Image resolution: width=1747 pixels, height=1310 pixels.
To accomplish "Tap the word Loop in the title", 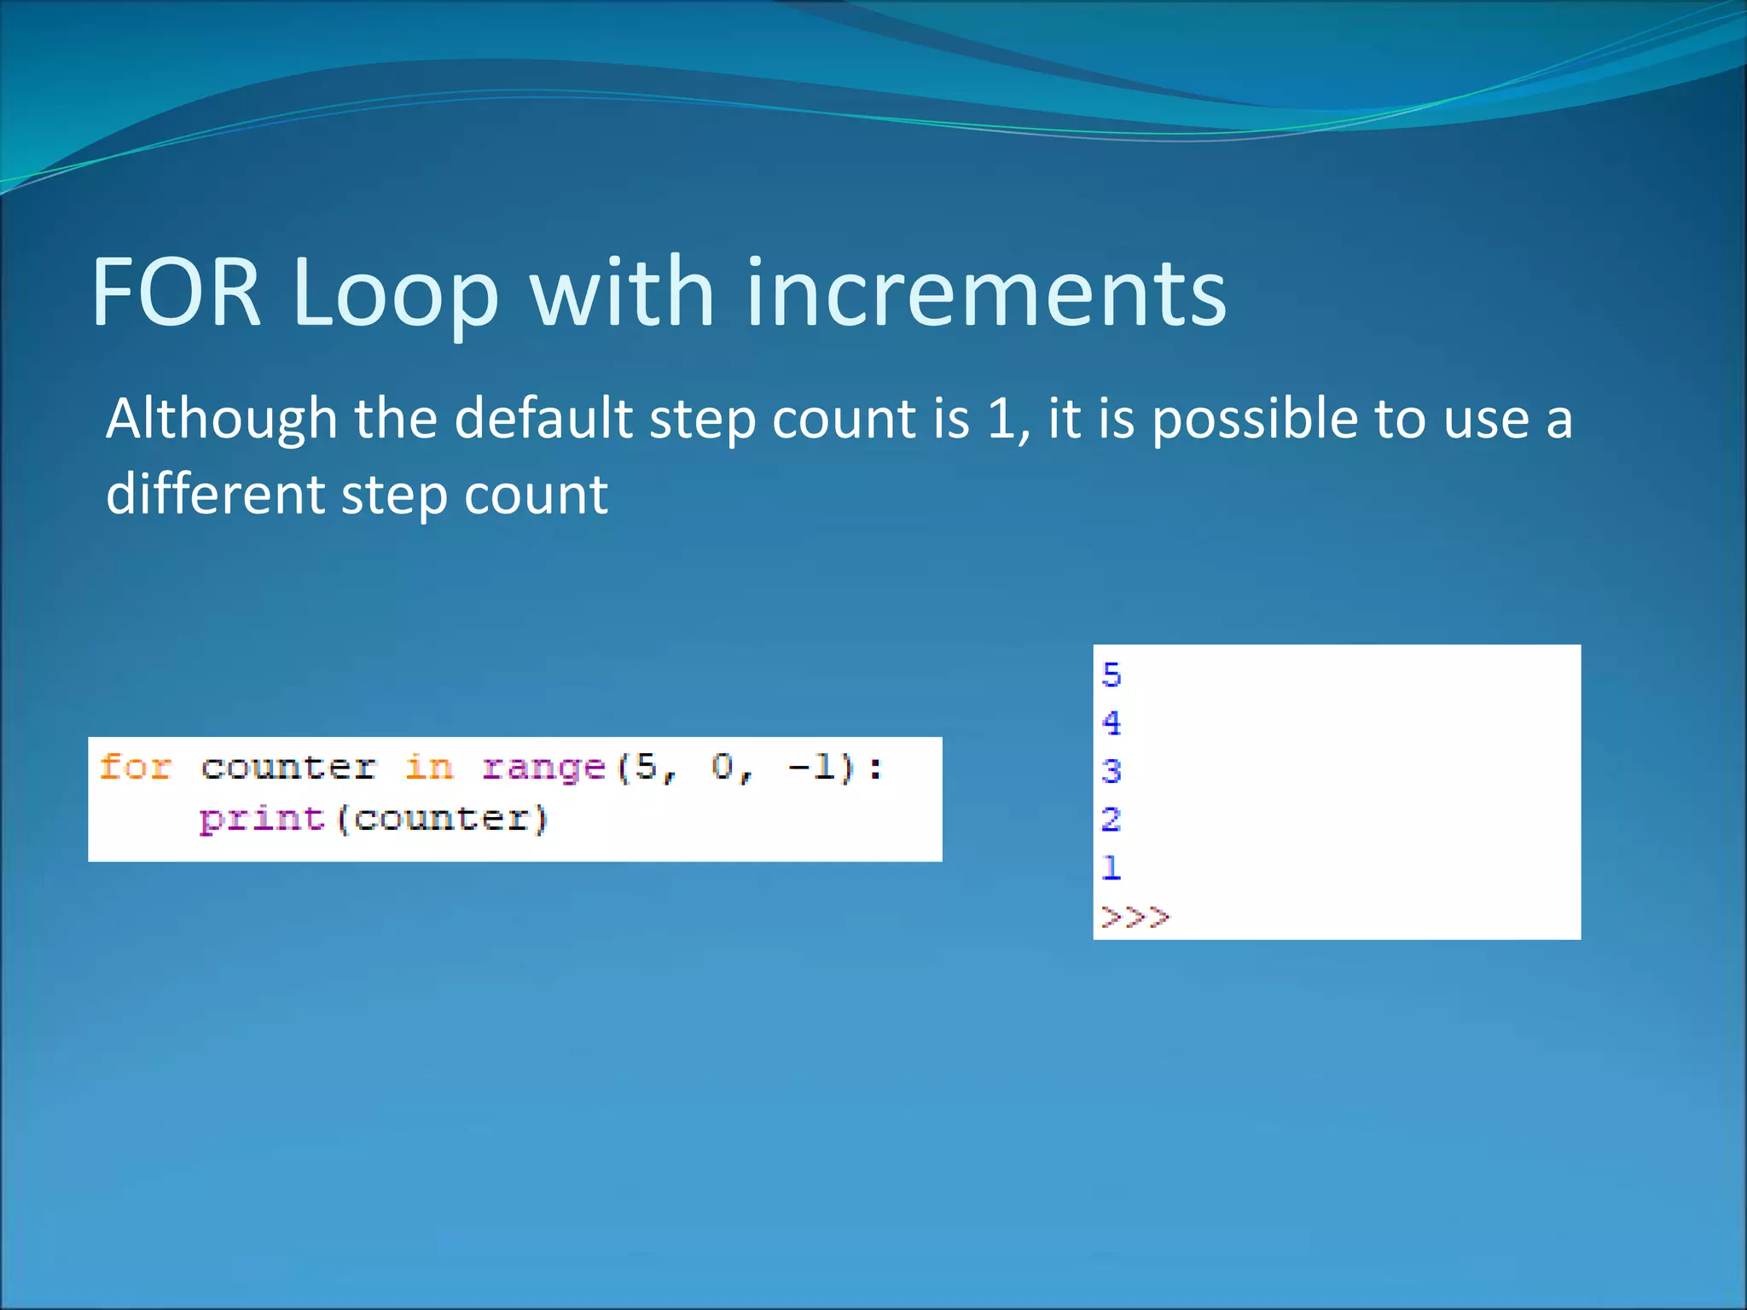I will (395, 293).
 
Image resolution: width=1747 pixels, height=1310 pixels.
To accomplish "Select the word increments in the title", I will (986, 293).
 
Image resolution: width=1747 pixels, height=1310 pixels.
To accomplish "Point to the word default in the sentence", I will (543, 419).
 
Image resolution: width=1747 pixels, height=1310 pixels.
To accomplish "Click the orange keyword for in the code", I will (135, 767).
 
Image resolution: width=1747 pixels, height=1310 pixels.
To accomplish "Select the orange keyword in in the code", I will (428, 767).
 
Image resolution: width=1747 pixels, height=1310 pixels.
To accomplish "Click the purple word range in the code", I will (543, 767).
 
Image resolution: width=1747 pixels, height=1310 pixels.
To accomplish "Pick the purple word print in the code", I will (261, 819).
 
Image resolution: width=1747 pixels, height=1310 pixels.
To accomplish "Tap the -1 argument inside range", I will (811, 767).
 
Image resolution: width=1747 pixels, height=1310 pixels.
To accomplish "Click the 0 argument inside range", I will (723, 767).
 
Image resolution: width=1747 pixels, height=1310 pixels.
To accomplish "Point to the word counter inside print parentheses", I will (441, 819).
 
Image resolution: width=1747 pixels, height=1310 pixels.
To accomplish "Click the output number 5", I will (1111, 675).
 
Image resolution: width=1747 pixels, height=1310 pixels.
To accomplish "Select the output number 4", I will (1111, 723).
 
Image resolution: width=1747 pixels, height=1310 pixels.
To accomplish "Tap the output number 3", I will (1111, 772).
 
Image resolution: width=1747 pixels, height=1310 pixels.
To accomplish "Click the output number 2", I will (1111, 820).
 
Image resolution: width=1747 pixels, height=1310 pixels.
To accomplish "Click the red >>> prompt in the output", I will (1135, 917).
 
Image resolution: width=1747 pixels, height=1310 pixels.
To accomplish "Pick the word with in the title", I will (622, 293).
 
